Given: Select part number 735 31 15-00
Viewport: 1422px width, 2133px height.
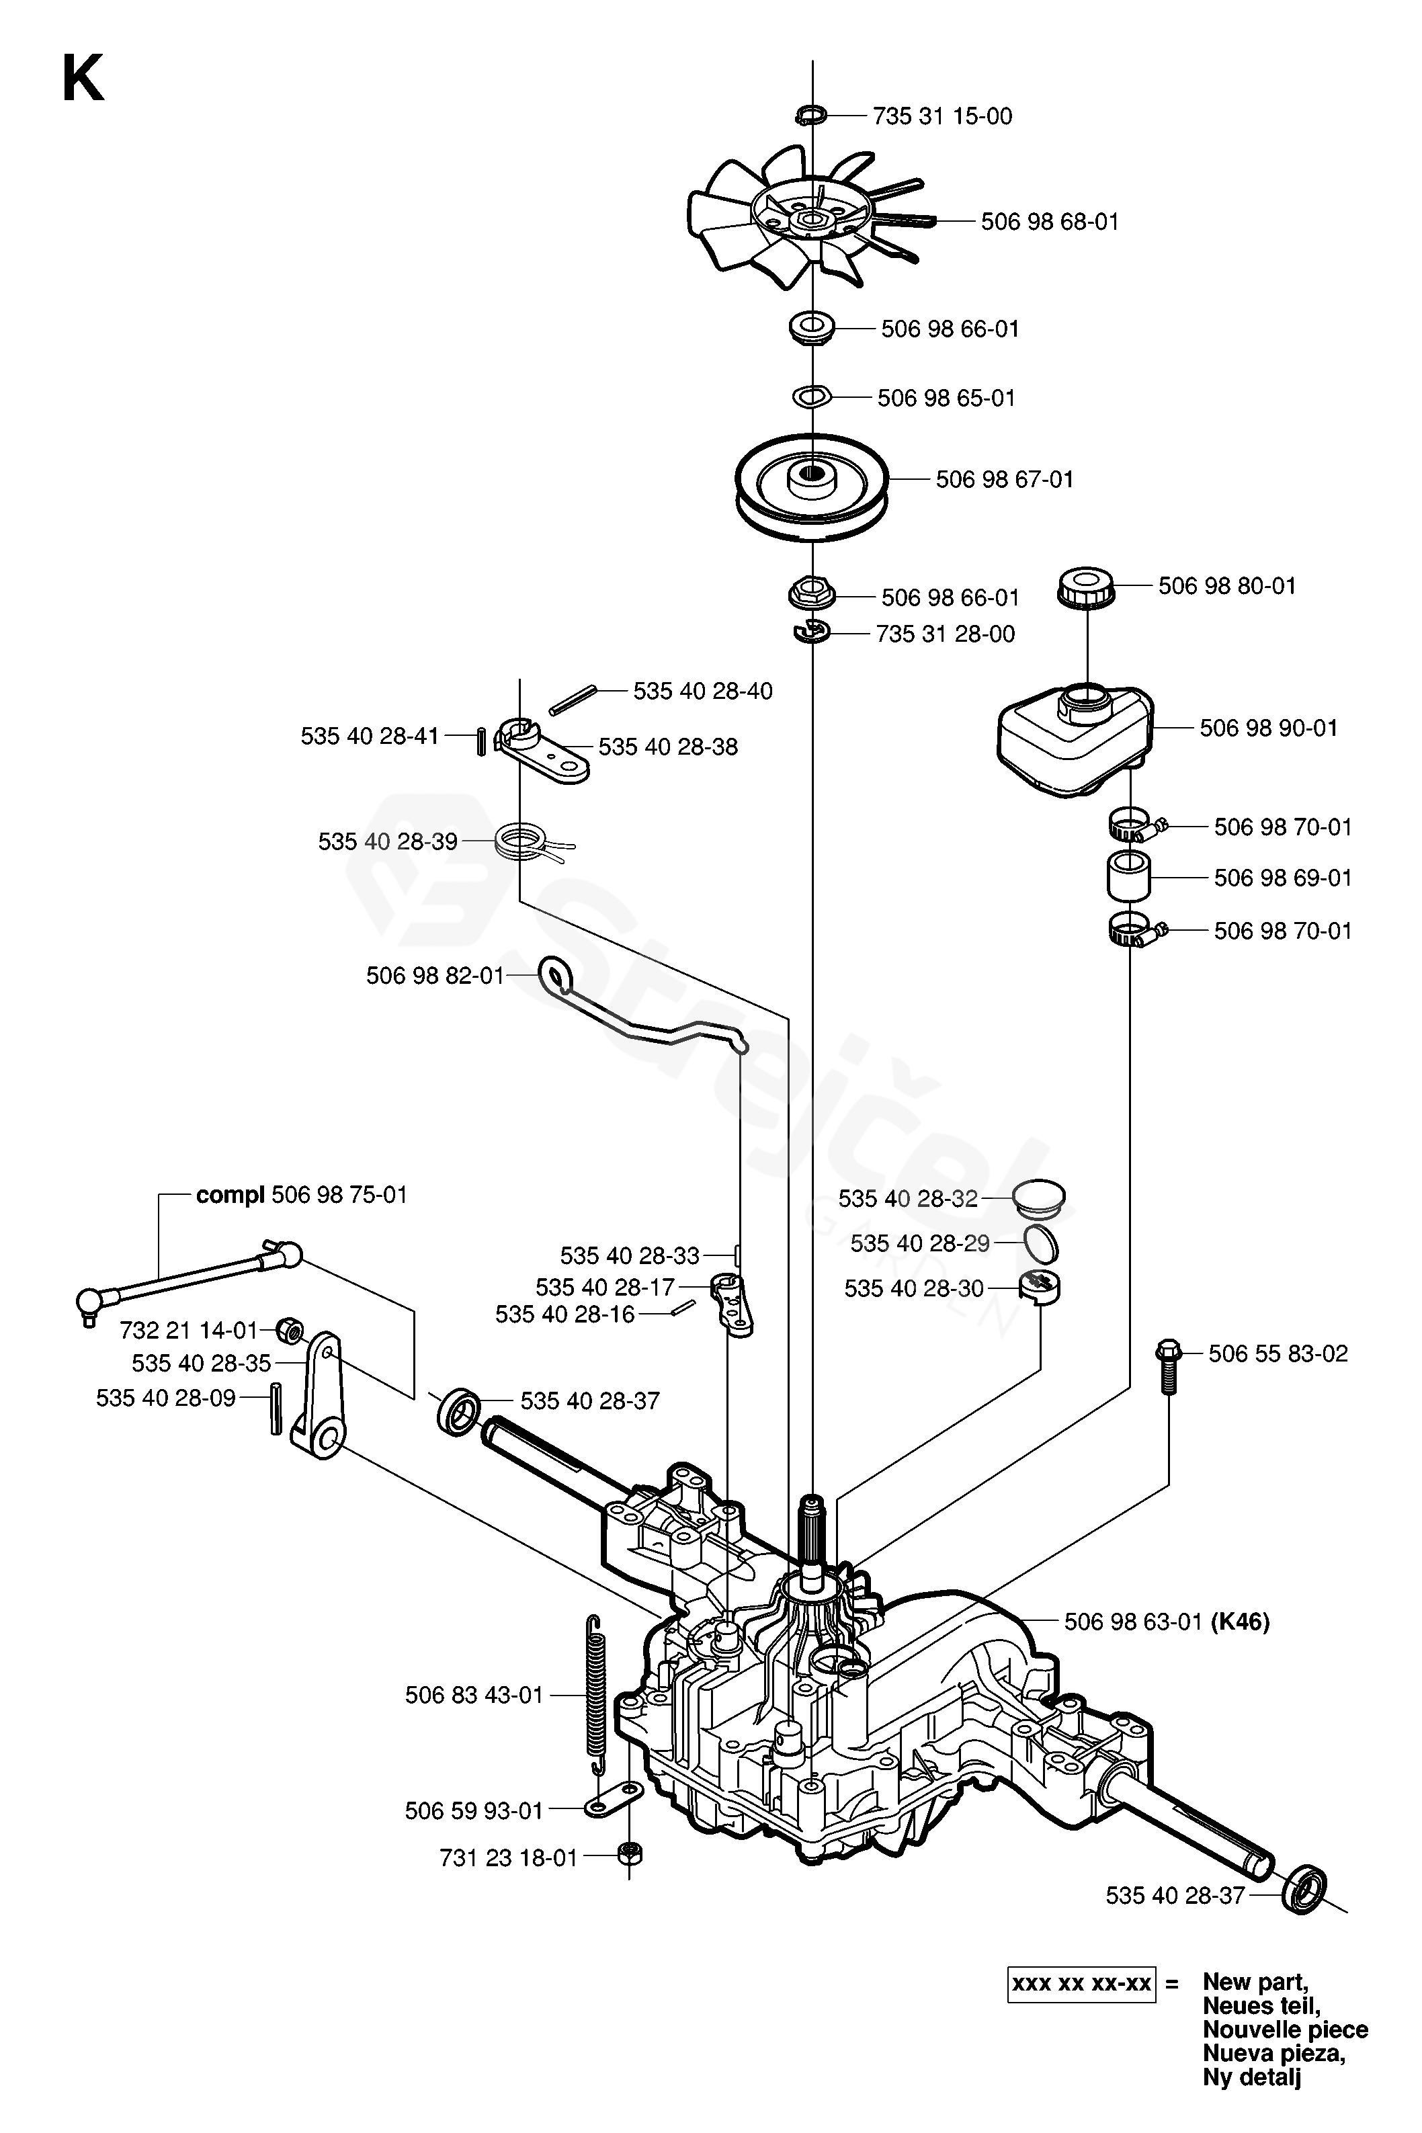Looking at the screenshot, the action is pyautogui.click(x=942, y=116).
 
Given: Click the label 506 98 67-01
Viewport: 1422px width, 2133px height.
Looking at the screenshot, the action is pyautogui.click(x=1004, y=479).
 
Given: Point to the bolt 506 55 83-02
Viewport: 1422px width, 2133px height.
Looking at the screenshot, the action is pyautogui.click(x=1168, y=1368).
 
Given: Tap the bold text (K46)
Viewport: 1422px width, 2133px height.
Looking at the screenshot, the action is pyautogui.click(x=1241, y=1621).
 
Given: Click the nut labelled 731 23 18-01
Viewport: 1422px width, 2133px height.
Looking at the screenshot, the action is pyautogui.click(x=628, y=1855).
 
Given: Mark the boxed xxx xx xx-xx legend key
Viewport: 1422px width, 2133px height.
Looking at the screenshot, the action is pyautogui.click(x=1081, y=1983).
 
